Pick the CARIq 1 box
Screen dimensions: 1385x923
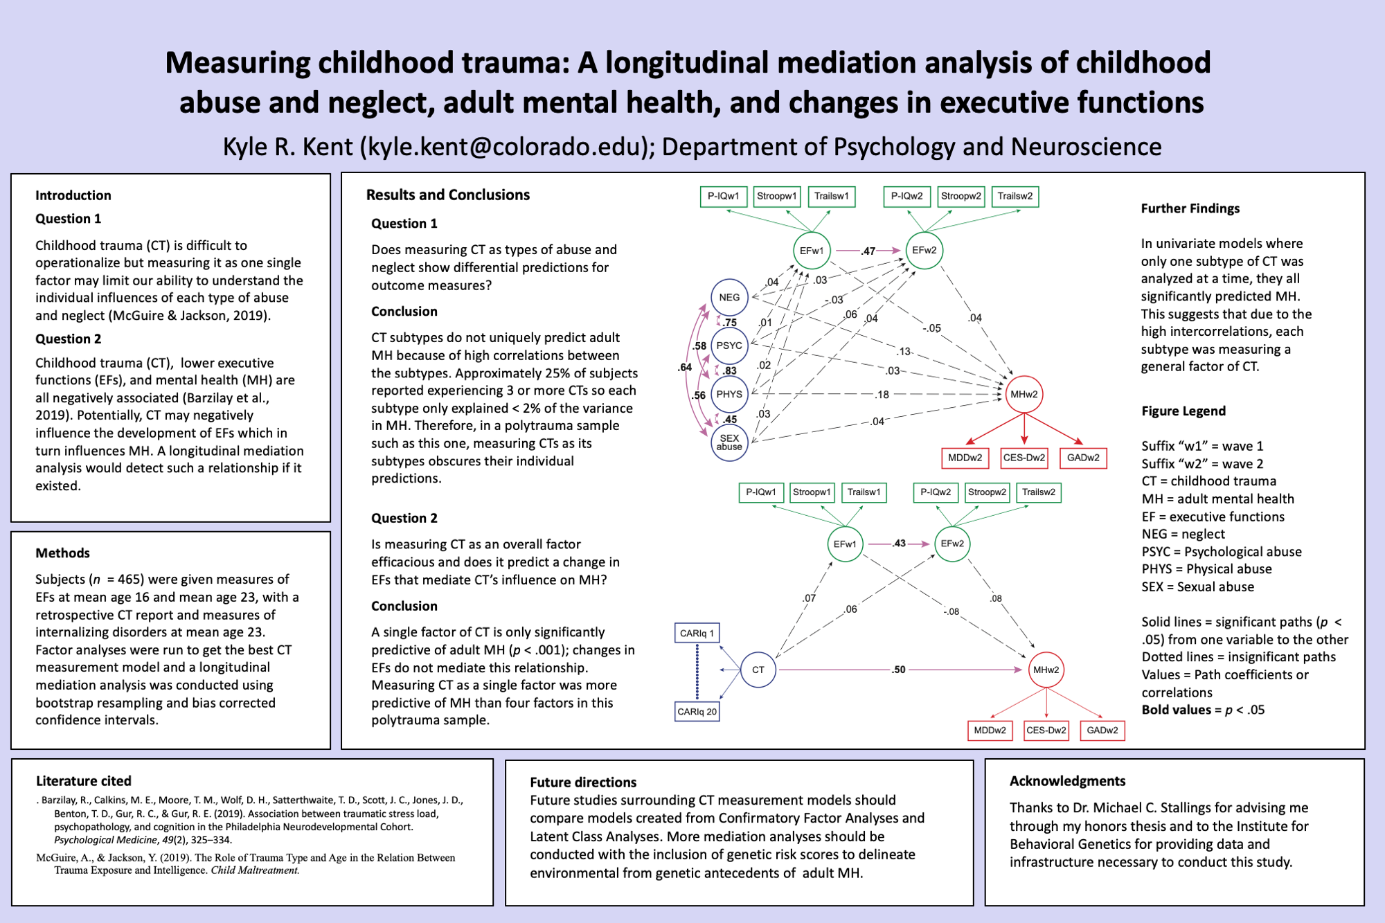[x=697, y=633]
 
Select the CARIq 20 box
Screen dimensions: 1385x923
[x=697, y=712]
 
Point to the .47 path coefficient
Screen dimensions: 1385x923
[x=868, y=251]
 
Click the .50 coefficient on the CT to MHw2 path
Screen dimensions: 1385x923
[x=898, y=670]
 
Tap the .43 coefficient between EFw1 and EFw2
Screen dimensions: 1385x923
[x=899, y=544]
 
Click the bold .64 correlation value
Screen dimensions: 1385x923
[x=685, y=368]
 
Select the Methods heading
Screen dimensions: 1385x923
[x=62, y=553]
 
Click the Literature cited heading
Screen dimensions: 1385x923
[x=84, y=781]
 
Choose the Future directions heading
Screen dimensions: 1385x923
[x=583, y=782]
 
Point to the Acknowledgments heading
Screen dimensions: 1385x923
[x=1067, y=782]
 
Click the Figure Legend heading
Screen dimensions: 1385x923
[x=1183, y=411]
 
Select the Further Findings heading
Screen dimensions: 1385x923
[x=1190, y=208]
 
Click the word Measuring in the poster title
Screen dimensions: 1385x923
[x=238, y=64]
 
